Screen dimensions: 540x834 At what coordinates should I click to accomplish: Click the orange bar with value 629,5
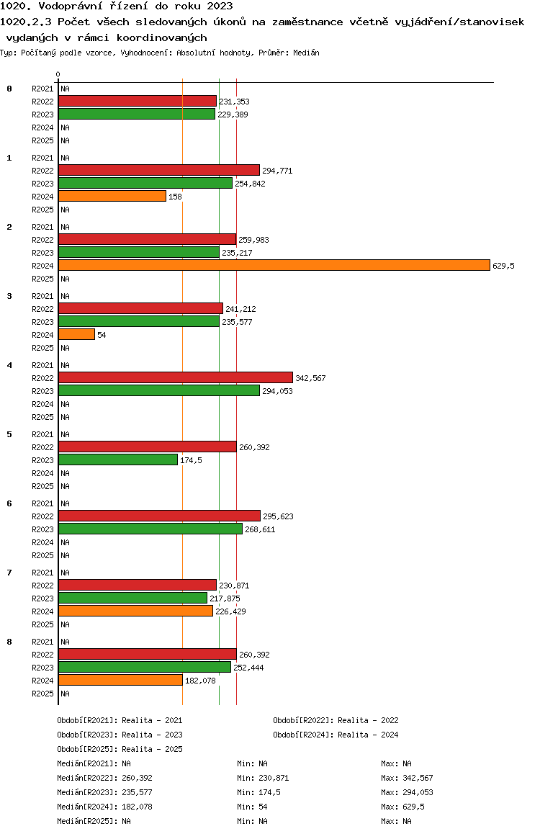(274, 266)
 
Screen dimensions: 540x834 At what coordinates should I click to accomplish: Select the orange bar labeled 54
(76, 335)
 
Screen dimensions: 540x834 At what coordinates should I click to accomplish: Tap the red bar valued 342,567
(176, 377)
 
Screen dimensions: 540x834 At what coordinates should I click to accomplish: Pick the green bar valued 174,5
(118, 459)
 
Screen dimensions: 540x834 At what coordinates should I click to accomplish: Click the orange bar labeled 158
(112, 197)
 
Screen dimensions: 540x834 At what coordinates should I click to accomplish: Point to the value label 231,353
(235, 102)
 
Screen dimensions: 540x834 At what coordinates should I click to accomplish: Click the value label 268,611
(260, 529)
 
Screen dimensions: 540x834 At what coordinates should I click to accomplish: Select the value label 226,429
(230, 611)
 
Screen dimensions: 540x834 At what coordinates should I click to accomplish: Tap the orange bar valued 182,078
(121, 681)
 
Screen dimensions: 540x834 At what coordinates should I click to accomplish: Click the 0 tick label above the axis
(58, 74)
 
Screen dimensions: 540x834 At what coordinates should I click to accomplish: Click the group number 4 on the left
(9, 365)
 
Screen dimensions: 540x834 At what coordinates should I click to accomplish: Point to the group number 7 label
(9, 573)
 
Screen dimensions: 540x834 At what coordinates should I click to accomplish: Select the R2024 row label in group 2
(42, 266)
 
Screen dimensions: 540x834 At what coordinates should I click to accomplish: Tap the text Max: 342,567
(407, 778)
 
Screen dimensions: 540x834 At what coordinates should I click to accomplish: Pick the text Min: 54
(252, 807)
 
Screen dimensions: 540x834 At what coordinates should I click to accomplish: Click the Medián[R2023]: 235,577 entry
(104, 792)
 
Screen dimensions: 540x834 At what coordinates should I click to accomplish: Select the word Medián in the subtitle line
(306, 53)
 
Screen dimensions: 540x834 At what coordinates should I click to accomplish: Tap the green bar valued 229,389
(137, 115)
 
